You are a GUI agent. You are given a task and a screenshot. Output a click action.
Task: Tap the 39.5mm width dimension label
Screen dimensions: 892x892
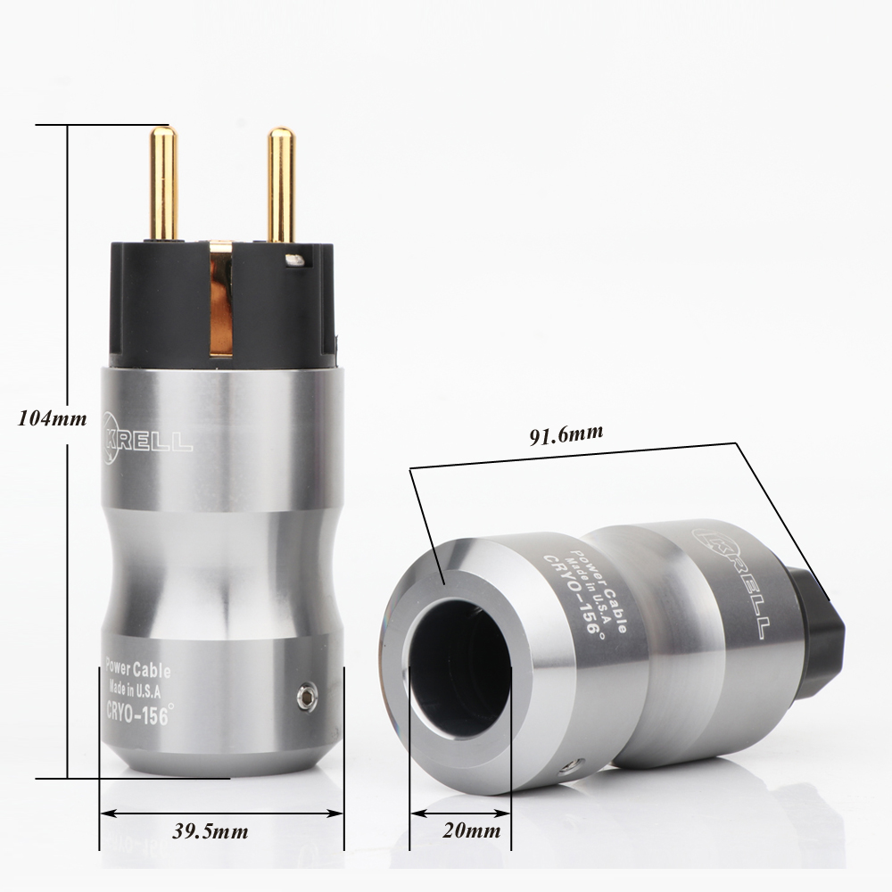tap(210, 832)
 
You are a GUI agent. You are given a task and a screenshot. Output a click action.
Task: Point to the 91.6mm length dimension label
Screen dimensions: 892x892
tap(566, 434)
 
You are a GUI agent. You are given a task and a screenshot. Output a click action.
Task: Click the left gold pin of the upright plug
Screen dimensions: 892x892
tap(163, 183)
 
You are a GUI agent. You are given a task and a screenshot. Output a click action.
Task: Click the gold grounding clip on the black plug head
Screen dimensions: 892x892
tap(220, 299)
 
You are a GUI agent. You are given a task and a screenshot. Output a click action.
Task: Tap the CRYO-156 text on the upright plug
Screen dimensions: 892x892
tap(137, 716)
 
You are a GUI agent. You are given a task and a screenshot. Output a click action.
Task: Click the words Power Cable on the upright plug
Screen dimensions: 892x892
tap(137, 667)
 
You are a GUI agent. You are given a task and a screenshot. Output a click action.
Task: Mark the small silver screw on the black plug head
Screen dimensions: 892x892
tap(293, 260)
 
